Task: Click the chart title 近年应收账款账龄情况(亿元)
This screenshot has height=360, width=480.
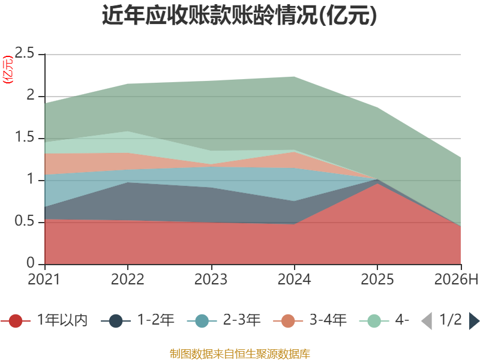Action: coord(239,15)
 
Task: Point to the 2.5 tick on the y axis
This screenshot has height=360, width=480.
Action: coord(25,53)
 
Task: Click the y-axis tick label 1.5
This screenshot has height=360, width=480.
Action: coord(25,137)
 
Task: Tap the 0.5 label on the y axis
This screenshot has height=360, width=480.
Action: coord(25,221)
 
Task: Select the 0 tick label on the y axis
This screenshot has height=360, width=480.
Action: coord(31,263)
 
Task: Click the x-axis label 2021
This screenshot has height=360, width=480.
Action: coord(44,279)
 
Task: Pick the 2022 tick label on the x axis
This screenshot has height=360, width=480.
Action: coord(127,279)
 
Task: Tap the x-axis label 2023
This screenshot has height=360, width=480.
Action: coord(211,279)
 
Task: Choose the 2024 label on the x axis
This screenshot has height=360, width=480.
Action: coord(294,279)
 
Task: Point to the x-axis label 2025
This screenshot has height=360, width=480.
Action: coord(377,279)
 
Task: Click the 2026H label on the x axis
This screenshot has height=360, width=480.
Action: coord(456,279)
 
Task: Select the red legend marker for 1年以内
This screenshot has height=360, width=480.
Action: coord(16,321)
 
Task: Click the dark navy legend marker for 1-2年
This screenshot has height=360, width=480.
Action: coord(116,321)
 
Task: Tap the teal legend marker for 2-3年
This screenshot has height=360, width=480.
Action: coord(202,321)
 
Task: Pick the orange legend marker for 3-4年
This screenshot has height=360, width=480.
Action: coord(288,321)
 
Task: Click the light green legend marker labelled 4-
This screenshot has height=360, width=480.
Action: coord(374,321)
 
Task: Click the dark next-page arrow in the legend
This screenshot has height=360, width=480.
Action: coord(474,321)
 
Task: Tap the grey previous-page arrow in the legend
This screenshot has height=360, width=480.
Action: coord(427,321)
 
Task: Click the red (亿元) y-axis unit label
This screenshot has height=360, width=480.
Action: coord(8,70)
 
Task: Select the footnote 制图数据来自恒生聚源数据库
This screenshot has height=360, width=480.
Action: coord(240,354)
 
